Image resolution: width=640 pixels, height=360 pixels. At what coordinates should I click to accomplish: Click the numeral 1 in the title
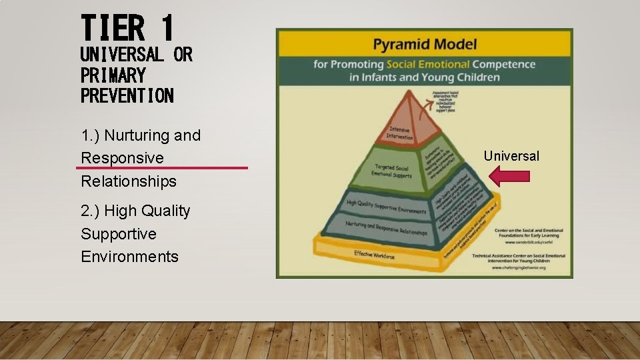pos(167,29)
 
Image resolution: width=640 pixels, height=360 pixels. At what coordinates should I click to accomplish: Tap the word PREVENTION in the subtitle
pos(127,95)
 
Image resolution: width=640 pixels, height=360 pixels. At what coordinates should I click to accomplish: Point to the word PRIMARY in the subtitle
pos(113,75)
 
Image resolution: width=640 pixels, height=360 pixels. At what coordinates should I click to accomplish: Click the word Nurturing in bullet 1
pos(137,135)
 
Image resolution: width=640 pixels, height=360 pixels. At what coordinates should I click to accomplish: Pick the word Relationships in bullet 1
pos(129,181)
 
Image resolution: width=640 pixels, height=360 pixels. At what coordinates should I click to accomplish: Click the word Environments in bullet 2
pos(129,257)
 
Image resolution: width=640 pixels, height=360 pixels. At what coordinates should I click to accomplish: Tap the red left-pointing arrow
pos(509,176)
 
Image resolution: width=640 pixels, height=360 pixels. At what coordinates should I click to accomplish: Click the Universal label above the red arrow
pos(511,156)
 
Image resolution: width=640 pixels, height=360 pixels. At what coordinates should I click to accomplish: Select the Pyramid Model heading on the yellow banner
pos(425,45)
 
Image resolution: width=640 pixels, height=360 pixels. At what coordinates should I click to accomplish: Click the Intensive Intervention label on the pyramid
pos(400,133)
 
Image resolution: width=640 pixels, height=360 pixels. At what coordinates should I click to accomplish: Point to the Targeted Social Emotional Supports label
pos(391,171)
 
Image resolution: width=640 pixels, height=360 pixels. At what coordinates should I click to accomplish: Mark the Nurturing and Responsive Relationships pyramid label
pos(386,228)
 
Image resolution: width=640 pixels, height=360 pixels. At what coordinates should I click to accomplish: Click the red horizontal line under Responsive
pos(162,168)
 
